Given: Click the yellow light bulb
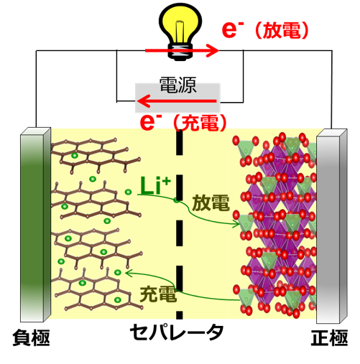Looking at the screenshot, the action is tap(180, 31).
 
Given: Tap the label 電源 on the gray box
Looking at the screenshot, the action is tap(178, 85).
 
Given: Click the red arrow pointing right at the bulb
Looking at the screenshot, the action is tap(182, 50).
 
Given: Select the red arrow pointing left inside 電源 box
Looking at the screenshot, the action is tap(177, 101).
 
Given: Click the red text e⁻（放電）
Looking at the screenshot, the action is tap(265, 29).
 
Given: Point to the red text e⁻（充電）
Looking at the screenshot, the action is tap(183, 122).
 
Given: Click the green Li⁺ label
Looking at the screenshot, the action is tap(155, 186).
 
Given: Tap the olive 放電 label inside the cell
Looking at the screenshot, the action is tap(211, 203).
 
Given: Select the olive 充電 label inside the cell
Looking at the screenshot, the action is tap(158, 294).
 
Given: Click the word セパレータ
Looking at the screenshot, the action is tap(177, 332).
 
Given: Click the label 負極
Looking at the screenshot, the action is tap(31, 337).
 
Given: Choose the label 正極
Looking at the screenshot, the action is tap(329, 337).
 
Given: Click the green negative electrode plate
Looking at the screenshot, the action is tap(35, 225).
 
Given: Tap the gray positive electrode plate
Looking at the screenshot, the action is tap(332, 226).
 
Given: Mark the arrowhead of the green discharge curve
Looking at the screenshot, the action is tap(236, 224).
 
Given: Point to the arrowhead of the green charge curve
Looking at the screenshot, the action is tap(129, 273).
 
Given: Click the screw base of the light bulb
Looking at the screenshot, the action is tap(180, 52).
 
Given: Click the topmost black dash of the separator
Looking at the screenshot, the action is tap(180, 143).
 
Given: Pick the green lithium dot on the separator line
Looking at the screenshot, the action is tap(177, 200).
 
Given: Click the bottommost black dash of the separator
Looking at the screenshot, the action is tap(180, 315).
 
